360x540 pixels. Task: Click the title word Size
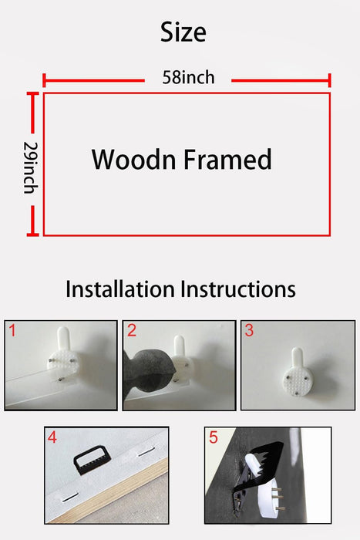click(x=183, y=32)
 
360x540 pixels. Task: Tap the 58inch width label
click(x=188, y=77)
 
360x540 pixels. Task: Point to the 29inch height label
click(x=30, y=167)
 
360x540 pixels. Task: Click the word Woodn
click(x=133, y=160)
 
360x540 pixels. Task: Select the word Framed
click(x=227, y=160)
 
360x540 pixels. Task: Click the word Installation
click(x=119, y=289)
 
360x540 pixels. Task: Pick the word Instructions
click(x=238, y=289)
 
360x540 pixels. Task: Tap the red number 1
click(x=12, y=331)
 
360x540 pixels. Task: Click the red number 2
click(x=132, y=331)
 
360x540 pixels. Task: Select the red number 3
click(x=249, y=331)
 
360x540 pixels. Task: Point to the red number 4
click(x=52, y=437)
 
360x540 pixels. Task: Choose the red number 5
click(x=214, y=437)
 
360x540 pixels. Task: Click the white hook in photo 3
click(x=298, y=373)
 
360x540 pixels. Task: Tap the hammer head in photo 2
click(x=149, y=372)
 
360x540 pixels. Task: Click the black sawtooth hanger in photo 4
click(x=90, y=460)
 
